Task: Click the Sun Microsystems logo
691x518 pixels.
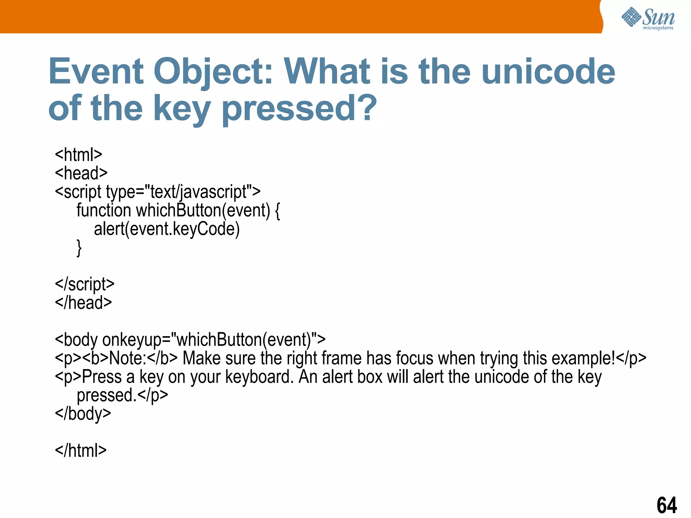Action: pos(648,19)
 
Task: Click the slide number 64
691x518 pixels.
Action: pos(666,505)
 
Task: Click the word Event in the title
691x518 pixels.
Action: pos(96,71)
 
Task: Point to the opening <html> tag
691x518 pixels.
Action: pos(78,155)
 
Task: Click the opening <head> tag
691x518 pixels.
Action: pos(81,173)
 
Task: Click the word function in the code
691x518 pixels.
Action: pos(104,210)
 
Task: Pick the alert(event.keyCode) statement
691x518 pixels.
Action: pos(167,229)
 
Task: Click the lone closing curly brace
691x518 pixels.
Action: pos(79,248)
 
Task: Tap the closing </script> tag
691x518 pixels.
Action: pos(84,284)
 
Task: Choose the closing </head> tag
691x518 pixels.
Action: pos(83,303)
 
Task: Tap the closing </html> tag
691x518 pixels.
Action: pos(81,451)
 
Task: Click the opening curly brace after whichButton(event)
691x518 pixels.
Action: pos(277,210)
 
